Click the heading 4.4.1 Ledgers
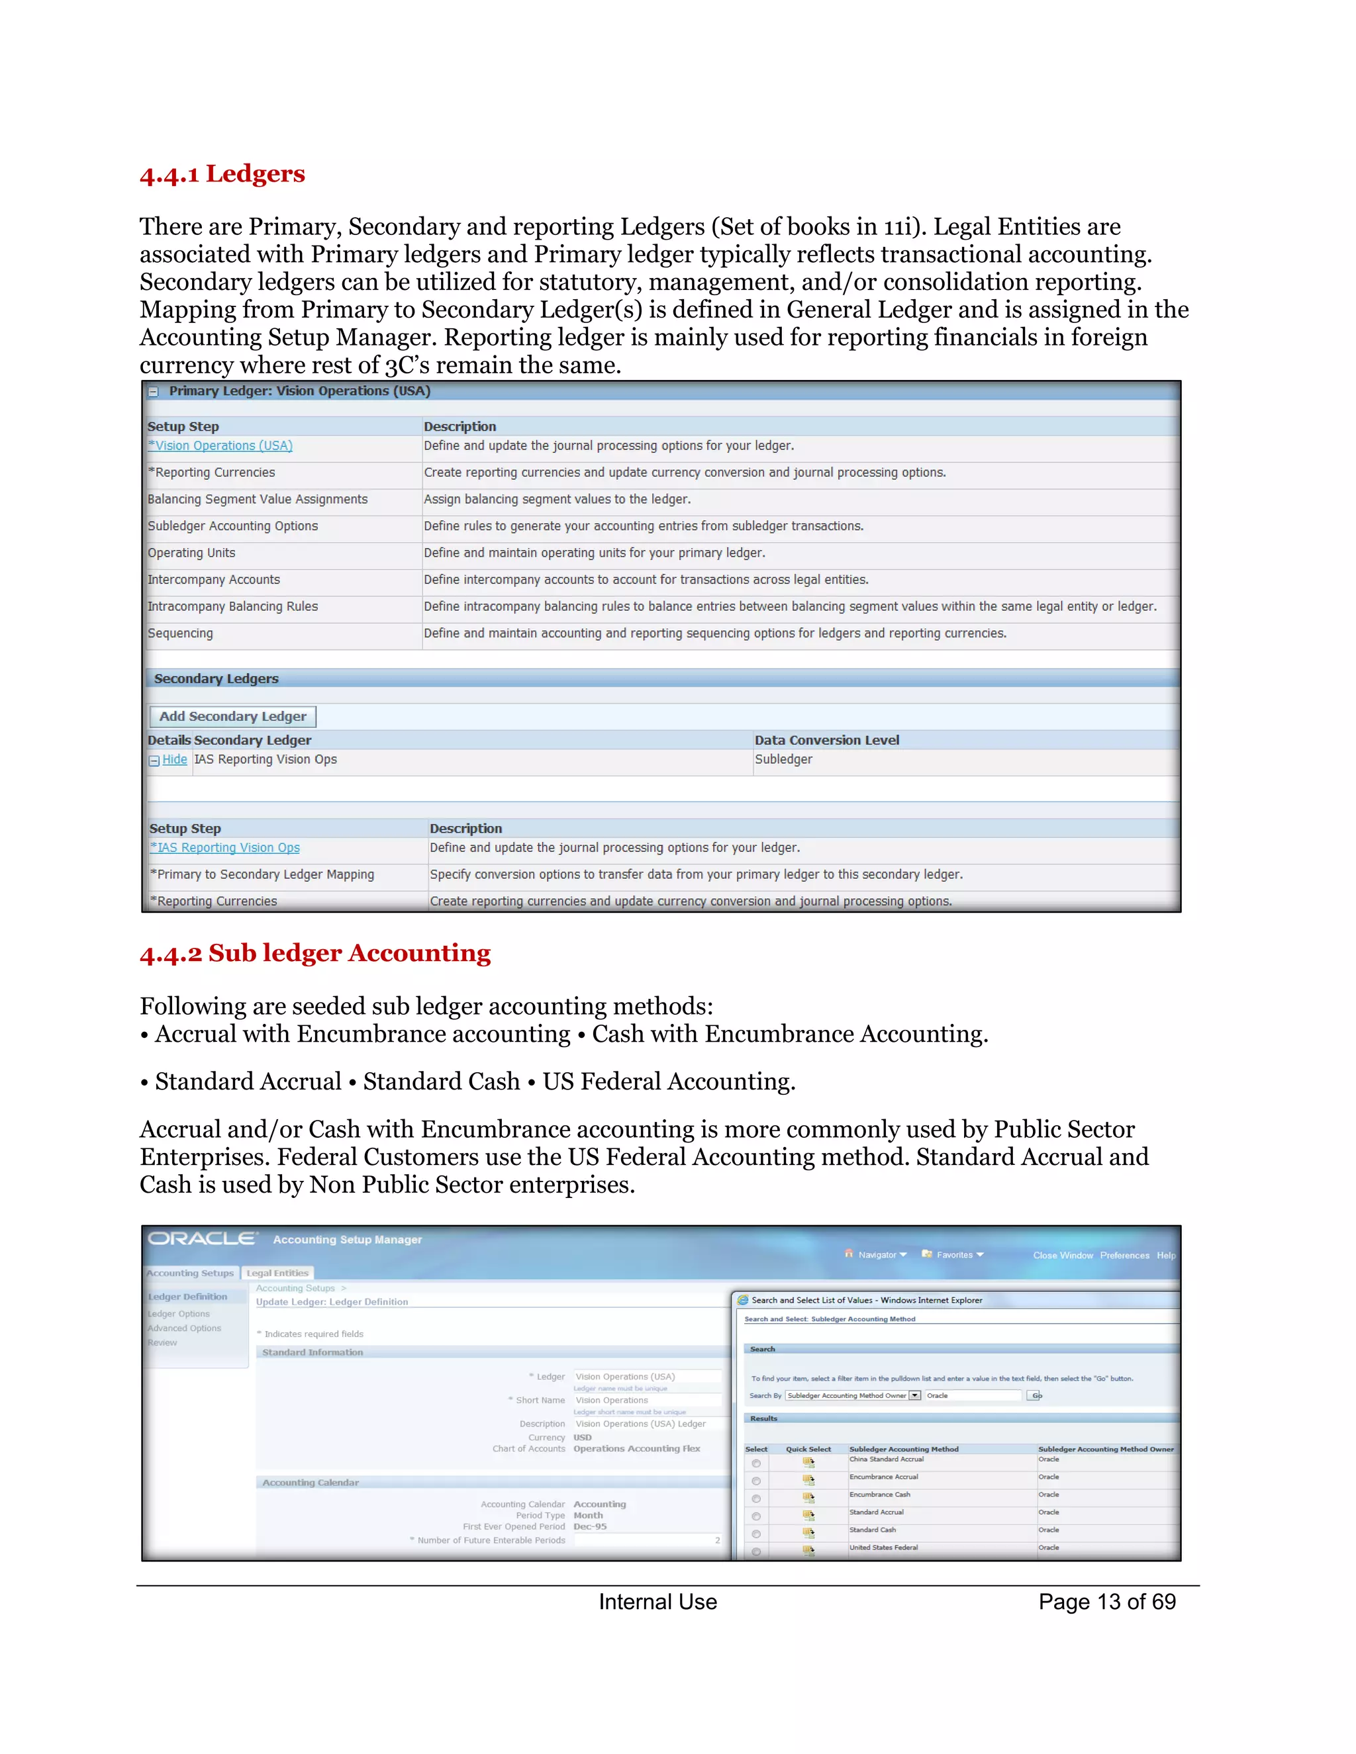[222, 173]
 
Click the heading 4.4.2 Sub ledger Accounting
[315, 952]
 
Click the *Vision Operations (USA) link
[220, 445]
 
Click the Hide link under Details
[174, 759]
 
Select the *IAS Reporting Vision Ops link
[225, 847]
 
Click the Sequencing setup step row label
[180, 633]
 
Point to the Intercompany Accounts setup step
[214, 579]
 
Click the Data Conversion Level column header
[826, 740]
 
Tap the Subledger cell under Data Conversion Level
[783, 759]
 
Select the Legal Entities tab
[277, 1273]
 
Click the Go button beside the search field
[1036, 1395]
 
